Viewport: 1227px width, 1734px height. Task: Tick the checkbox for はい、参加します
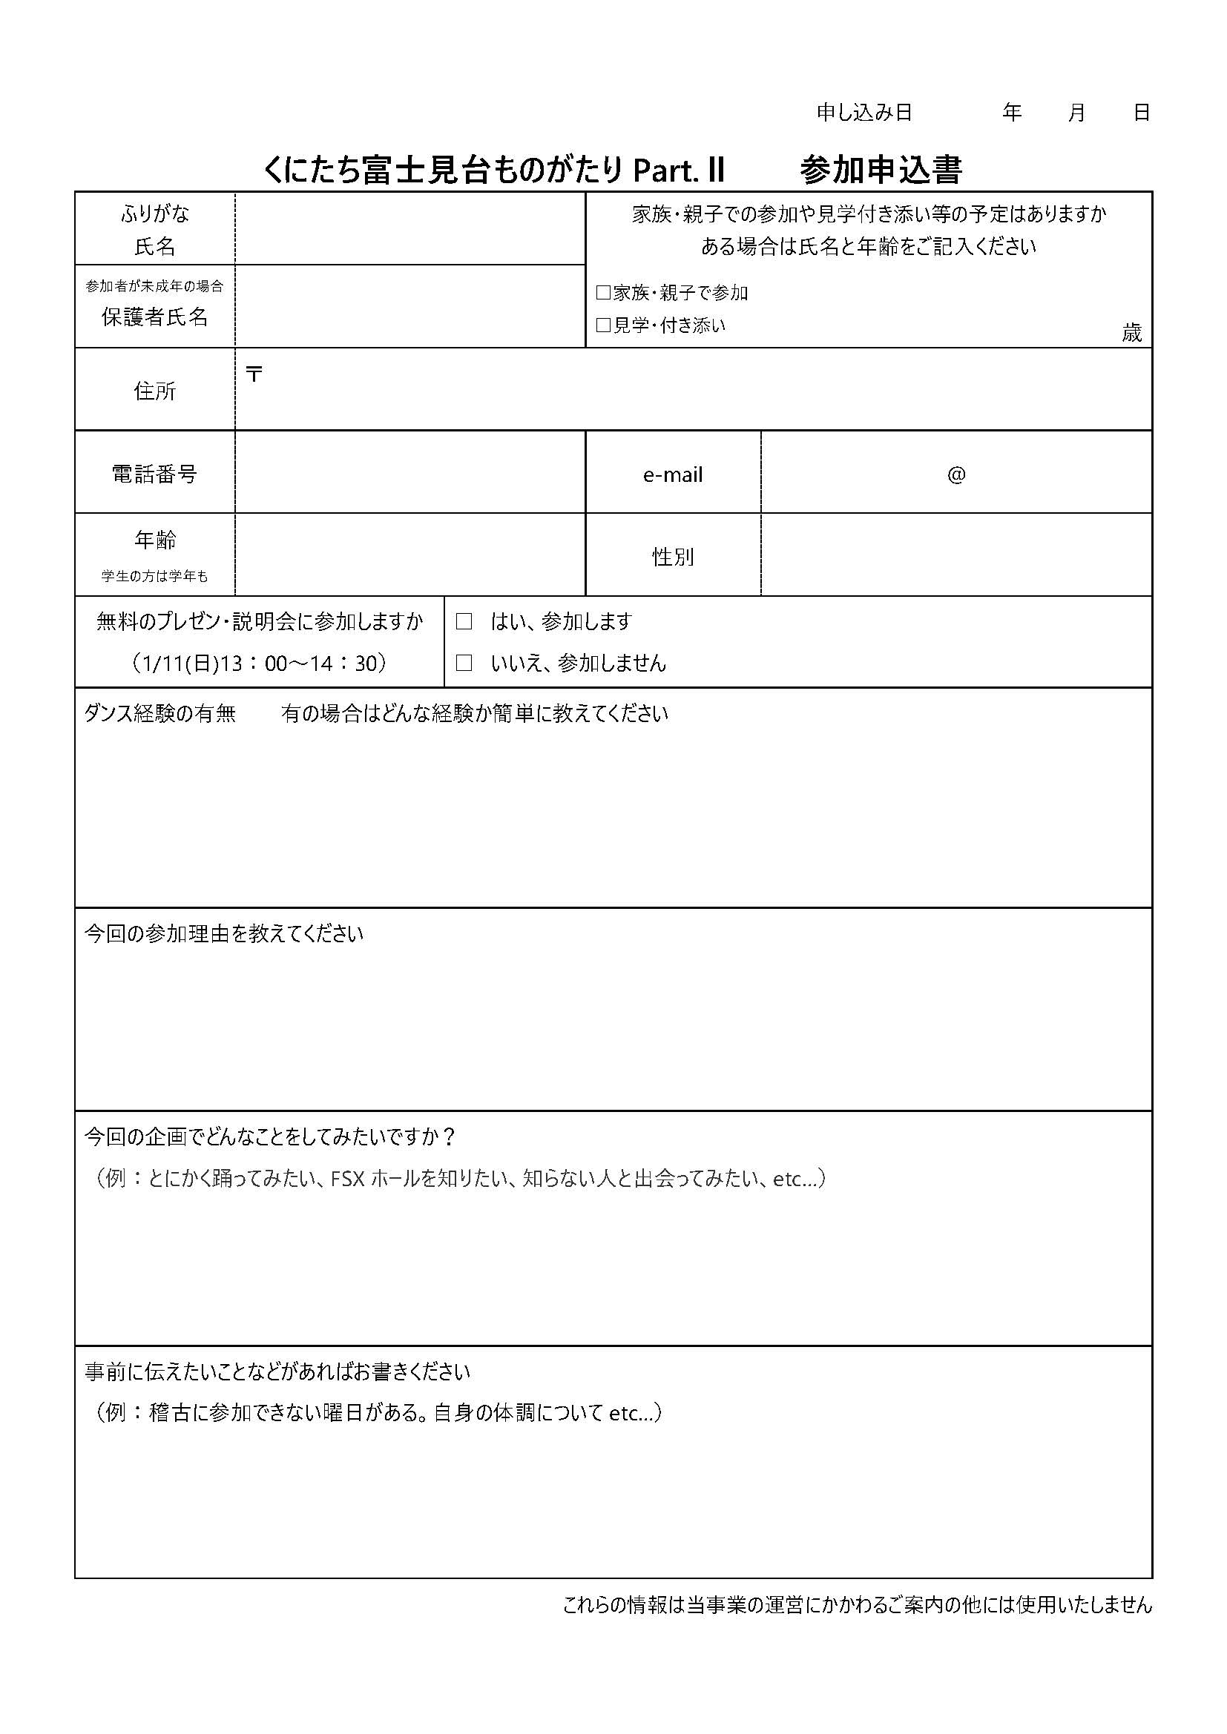pyautogui.click(x=464, y=621)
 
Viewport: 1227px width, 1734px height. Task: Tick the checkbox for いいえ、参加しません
pyautogui.click(x=464, y=663)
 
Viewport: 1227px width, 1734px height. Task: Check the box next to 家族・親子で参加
pyautogui.click(x=603, y=293)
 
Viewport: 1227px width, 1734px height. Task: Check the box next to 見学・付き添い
pyautogui.click(x=603, y=325)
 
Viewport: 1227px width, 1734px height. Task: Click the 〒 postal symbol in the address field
pyautogui.click(x=254, y=374)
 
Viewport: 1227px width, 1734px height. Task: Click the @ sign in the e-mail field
pyautogui.click(x=955, y=474)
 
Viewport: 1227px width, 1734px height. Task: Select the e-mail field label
pyautogui.click(x=672, y=475)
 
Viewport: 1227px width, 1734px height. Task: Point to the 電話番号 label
pyautogui.click(x=154, y=474)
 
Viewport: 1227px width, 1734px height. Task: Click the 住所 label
pyautogui.click(x=154, y=391)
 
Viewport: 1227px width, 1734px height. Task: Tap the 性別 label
pyautogui.click(x=672, y=557)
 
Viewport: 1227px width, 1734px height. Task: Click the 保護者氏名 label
pyautogui.click(x=154, y=317)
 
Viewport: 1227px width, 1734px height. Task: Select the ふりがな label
pyautogui.click(x=154, y=214)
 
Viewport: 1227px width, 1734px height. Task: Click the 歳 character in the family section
pyautogui.click(x=1131, y=333)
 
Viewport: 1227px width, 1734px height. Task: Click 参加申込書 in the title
pyautogui.click(x=881, y=171)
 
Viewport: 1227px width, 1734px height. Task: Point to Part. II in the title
pyautogui.click(x=679, y=171)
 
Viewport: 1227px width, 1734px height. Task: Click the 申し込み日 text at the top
pyautogui.click(x=864, y=113)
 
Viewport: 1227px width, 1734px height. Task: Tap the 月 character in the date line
pyautogui.click(x=1076, y=113)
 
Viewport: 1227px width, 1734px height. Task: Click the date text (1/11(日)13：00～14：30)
pyautogui.click(x=259, y=663)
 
